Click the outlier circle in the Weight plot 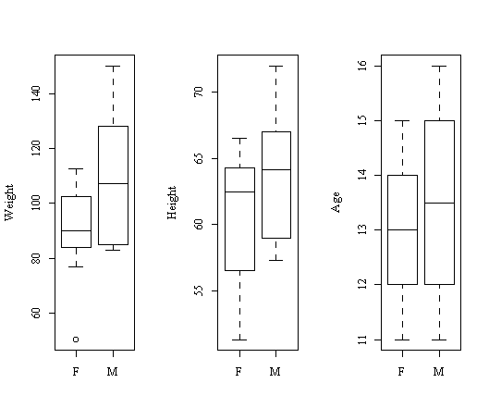(x=76, y=340)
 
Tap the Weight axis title (x=9, y=203)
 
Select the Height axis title (x=172, y=203)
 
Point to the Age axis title (x=336, y=203)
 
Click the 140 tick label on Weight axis (x=36, y=93)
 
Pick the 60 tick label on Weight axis (x=36, y=313)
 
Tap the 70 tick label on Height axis (x=199, y=92)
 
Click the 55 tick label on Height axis (x=199, y=290)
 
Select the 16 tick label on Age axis (x=362, y=66)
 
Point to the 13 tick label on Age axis (x=362, y=229)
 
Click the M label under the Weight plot (x=113, y=371)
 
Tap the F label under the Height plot (x=238, y=371)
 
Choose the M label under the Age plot (x=439, y=371)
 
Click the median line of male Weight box (x=113, y=183)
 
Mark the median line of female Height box (x=239, y=191)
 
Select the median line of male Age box (x=439, y=203)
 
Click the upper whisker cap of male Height (x=276, y=67)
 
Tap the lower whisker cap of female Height (x=239, y=340)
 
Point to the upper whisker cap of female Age (x=402, y=120)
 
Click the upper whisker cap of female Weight (x=76, y=168)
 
